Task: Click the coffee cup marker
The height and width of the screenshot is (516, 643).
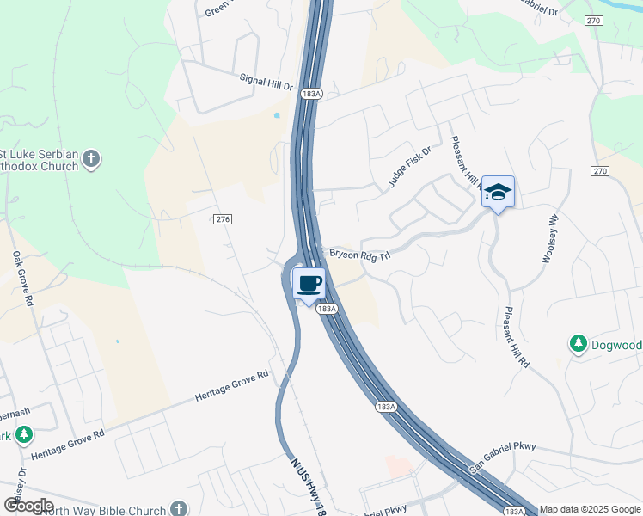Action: pos(309,284)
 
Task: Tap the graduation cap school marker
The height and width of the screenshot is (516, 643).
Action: pos(498,192)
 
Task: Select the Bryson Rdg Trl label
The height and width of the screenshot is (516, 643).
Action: pos(360,254)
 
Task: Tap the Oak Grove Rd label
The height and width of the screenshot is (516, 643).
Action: pos(22,279)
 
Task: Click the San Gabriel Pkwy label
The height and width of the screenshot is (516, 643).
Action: pos(503,457)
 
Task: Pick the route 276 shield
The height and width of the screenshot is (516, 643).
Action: pos(223,220)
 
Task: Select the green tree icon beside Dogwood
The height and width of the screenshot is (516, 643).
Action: pos(579,345)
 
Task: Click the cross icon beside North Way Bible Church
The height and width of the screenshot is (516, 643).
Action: pos(179,509)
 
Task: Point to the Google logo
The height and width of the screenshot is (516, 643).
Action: pos(28,506)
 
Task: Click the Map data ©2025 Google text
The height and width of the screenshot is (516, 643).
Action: pos(591,509)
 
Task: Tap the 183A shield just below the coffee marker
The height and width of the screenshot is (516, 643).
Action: pos(326,308)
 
